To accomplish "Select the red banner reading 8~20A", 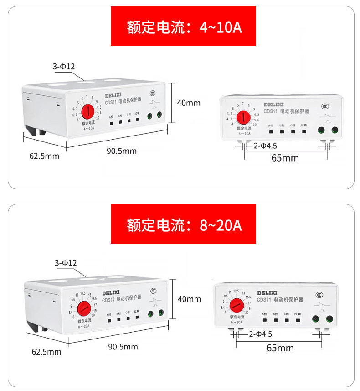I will [x=183, y=224].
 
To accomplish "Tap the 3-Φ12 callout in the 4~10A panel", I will [x=64, y=67].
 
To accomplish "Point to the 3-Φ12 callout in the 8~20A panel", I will [x=66, y=263].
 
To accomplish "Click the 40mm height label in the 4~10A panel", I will [x=189, y=103].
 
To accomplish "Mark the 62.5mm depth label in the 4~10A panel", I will [x=44, y=156].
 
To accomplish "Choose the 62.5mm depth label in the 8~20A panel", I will [x=46, y=352].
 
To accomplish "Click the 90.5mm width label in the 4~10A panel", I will [x=122, y=151].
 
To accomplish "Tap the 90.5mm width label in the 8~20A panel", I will [x=123, y=347].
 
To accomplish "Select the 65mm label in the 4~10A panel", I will [x=285, y=158].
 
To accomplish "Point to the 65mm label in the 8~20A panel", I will [x=280, y=348].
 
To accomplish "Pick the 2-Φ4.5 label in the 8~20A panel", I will [x=260, y=334].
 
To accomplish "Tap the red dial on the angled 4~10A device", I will [x=87, y=110].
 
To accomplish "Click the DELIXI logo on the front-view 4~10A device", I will [x=273, y=104].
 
